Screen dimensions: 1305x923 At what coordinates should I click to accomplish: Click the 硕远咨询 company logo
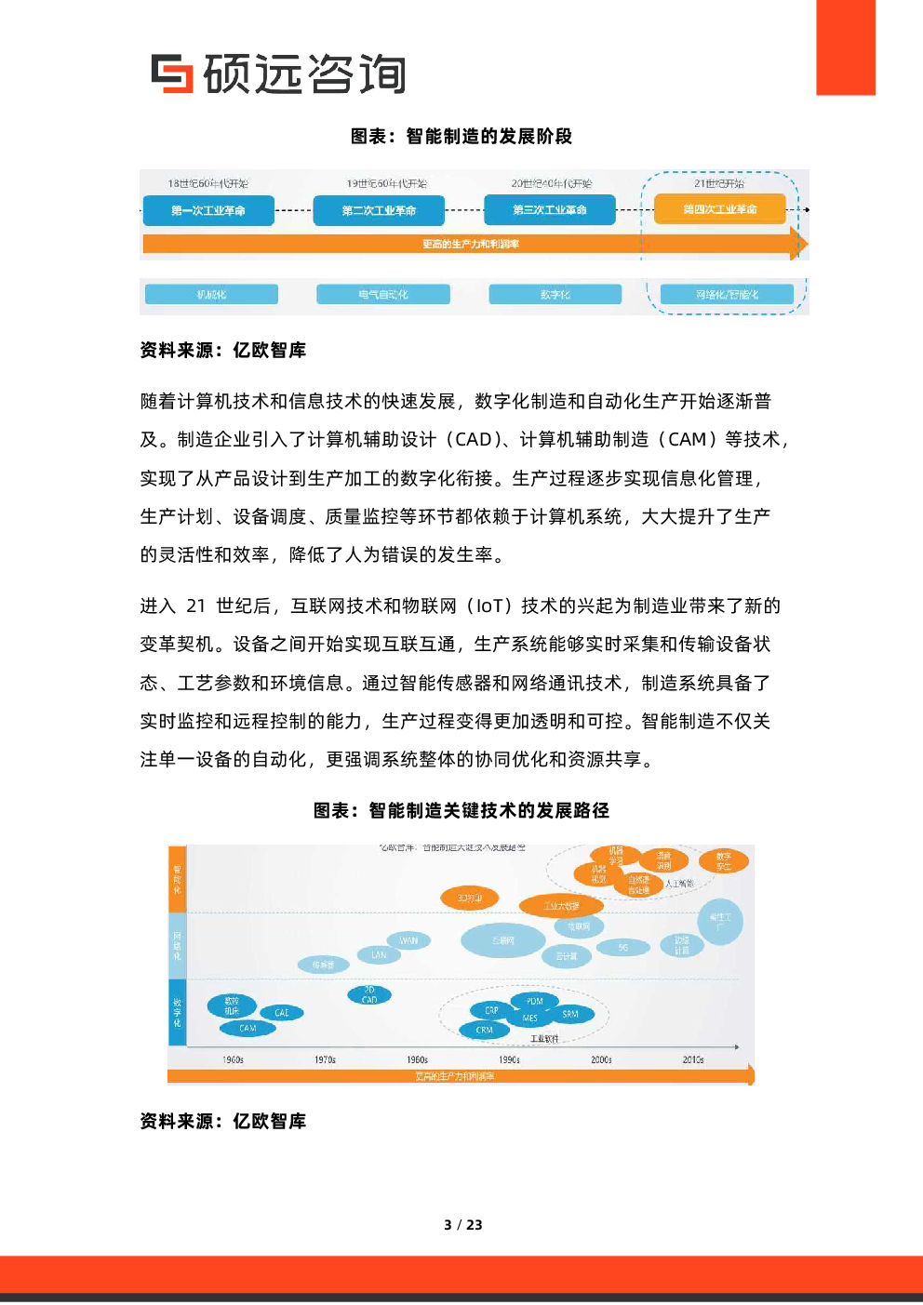[277, 74]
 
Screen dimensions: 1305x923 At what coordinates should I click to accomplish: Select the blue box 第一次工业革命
[208, 210]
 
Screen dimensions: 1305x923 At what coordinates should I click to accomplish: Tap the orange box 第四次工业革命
[719, 209]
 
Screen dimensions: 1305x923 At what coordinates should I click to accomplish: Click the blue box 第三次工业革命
[549, 210]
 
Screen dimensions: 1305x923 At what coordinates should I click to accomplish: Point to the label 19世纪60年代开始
[386, 183]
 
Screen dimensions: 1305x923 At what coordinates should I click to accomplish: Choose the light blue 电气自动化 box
[383, 295]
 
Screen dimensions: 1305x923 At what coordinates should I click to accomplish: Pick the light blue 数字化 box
[555, 295]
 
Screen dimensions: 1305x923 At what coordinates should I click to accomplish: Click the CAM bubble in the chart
[247, 1028]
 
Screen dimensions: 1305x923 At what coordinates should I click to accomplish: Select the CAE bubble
[282, 1013]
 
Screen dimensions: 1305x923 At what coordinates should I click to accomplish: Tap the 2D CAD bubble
[369, 995]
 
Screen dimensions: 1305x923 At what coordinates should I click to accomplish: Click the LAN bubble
[379, 955]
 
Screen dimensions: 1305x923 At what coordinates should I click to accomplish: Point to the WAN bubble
[408, 940]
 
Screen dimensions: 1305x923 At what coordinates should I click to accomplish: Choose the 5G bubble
[622, 948]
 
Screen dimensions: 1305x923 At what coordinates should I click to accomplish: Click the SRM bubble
[570, 1014]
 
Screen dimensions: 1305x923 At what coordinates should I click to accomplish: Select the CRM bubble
[485, 1030]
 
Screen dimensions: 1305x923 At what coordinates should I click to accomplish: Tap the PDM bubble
[535, 1001]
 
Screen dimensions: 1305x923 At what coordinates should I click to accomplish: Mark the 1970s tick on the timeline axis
[325, 1059]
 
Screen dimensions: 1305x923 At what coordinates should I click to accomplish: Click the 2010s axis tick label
[693, 1059]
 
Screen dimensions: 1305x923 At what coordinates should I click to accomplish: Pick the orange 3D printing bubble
[470, 898]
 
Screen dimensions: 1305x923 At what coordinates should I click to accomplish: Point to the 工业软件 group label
[544, 1039]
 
